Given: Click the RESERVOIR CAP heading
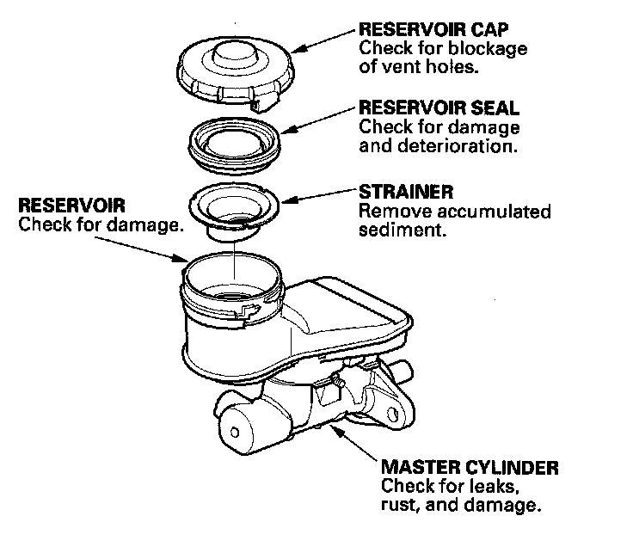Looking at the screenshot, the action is click(x=433, y=29).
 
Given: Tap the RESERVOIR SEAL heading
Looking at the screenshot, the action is click(x=439, y=107).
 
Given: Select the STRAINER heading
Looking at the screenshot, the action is click(x=406, y=192).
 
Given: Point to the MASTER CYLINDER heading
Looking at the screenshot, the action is click(x=470, y=467).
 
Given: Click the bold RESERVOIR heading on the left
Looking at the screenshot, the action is click(x=72, y=205).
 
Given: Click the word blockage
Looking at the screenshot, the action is click(x=488, y=49).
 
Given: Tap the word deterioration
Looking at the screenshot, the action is click(x=457, y=145).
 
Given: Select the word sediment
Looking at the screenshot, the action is click(x=403, y=230).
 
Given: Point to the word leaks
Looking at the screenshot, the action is click(x=489, y=486).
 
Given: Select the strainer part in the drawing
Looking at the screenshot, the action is click(x=234, y=210).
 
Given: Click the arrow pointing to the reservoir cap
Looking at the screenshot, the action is click(x=325, y=41).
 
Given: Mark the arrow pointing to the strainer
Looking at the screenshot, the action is click(x=319, y=195).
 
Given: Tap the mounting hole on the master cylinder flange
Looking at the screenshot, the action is click(x=392, y=415).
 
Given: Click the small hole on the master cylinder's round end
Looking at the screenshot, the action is click(x=235, y=433).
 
